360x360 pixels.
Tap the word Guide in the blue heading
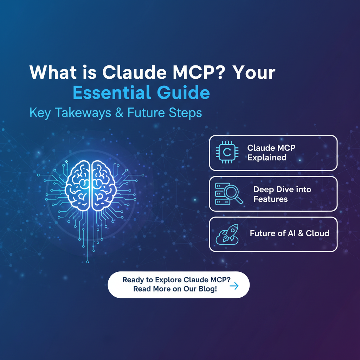184,92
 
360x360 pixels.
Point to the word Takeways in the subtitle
83,113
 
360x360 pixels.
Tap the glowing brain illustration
90,186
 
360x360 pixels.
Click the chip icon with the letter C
227,152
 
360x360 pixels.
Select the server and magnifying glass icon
229,194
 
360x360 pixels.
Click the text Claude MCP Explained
271,153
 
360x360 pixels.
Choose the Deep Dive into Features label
282,194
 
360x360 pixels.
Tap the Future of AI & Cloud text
290,233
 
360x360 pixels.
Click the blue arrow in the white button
234,285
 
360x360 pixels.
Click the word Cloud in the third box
317,233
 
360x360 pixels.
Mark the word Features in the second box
270,199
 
